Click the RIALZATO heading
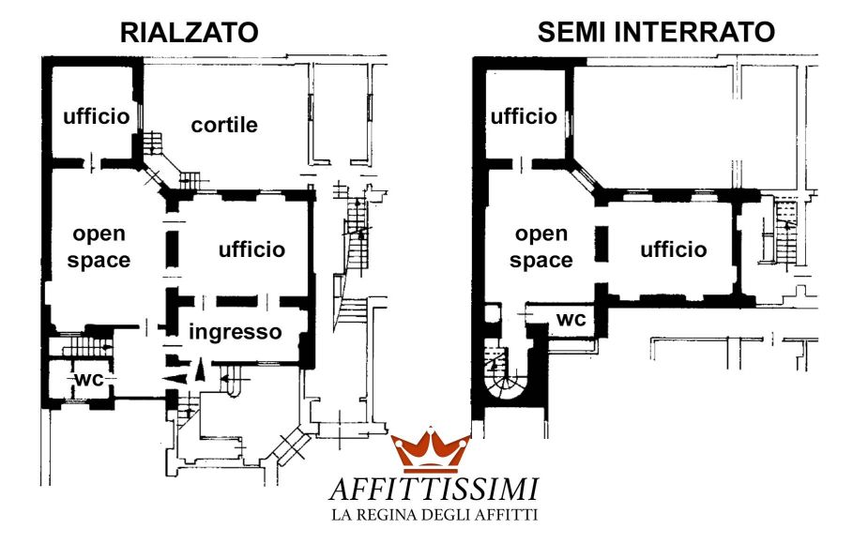coord(189,33)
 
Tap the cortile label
coord(224,125)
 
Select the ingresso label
coord(236,331)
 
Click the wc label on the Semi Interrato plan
coord(571,319)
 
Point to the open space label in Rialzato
coord(99,247)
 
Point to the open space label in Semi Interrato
coord(542,247)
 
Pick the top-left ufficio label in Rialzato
coord(95,116)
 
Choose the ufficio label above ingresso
coord(251,249)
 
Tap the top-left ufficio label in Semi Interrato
coord(524,116)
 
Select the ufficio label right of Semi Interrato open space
coord(674,249)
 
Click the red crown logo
coord(431,451)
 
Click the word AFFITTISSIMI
coord(434,489)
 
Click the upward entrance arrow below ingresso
coord(199,371)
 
